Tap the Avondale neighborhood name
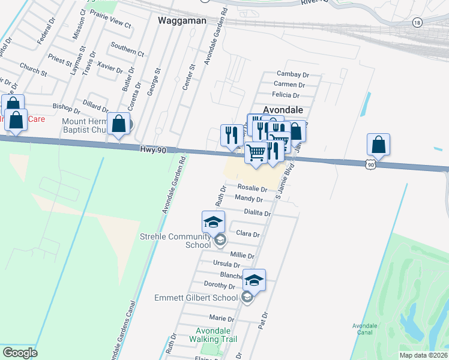coord(283,110)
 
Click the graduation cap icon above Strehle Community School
coord(213,223)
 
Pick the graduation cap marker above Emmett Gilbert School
coord(254,281)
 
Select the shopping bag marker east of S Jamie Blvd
coord(379,145)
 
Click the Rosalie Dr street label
coord(252,188)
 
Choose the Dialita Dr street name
coord(258,212)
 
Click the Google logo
coord(20,352)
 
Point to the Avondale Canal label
coord(365,329)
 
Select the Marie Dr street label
coord(221,318)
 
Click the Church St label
coord(33,68)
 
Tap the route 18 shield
coord(417,22)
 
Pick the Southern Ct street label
coord(127,49)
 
